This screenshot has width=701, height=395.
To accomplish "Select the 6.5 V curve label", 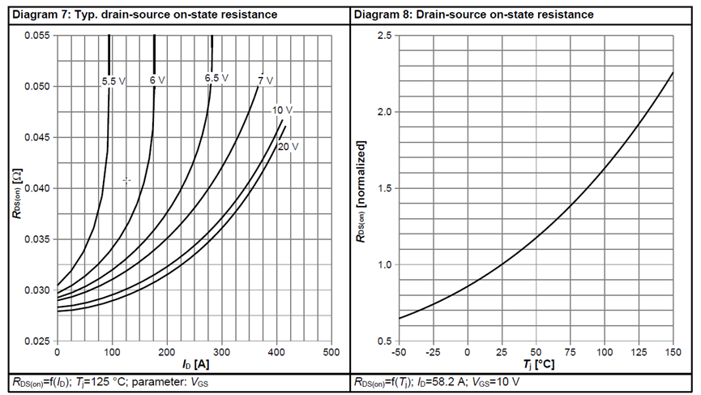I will [x=216, y=78].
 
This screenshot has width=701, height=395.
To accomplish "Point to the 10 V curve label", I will [x=282, y=109].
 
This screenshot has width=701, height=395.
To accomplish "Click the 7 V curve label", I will [x=265, y=80].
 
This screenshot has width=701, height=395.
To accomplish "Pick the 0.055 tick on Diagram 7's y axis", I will [x=36, y=36].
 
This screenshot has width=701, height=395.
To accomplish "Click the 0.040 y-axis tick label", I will [x=36, y=188].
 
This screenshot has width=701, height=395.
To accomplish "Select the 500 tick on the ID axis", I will [x=331, y=354].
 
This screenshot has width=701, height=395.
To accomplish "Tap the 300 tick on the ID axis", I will [x=221, y=354].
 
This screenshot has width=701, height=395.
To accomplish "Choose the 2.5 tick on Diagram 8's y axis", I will [x=387, y=36].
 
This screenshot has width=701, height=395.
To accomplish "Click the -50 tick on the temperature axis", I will [x=398, y=354].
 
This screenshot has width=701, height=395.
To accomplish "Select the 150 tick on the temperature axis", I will [x=673, y=354].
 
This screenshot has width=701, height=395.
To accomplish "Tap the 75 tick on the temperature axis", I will [x=570, y=354].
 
